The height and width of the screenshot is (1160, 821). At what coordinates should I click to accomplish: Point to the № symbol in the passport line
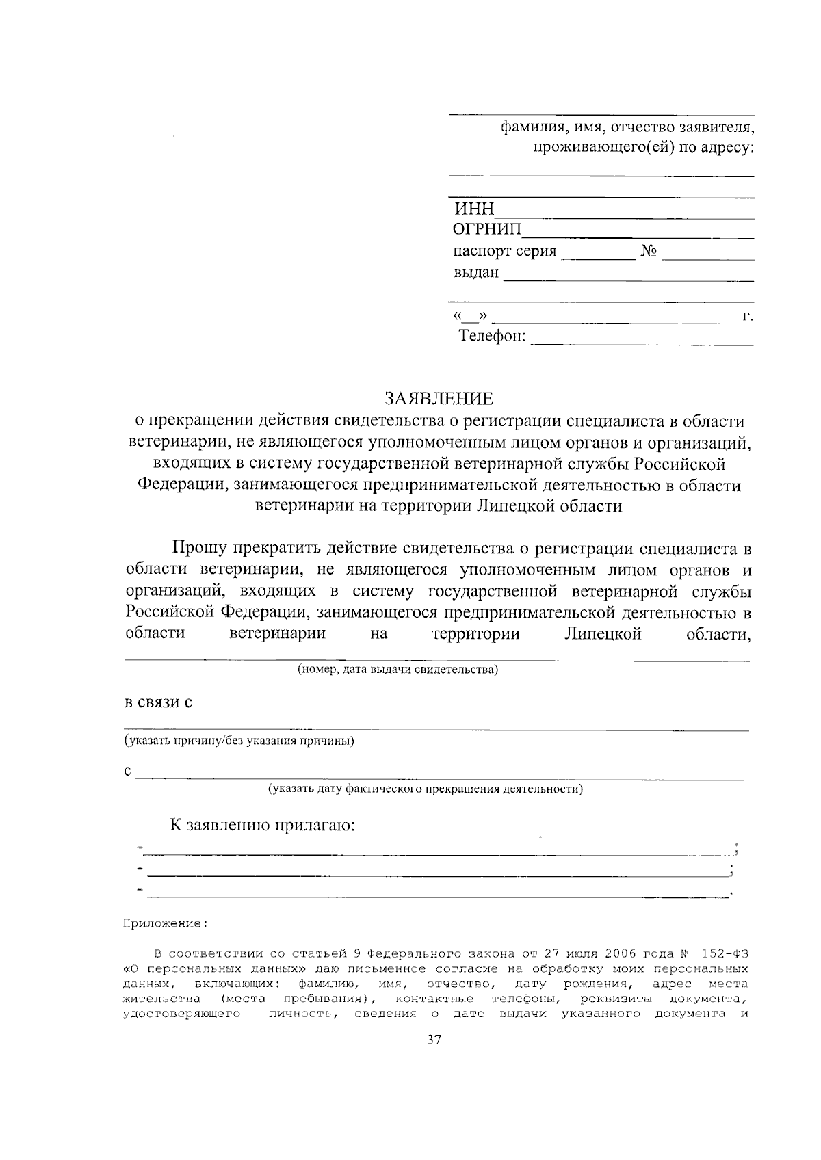coord(649,251)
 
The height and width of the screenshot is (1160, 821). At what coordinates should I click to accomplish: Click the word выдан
coord(475,273)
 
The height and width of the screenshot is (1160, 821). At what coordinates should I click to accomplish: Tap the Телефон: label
coord(492,337)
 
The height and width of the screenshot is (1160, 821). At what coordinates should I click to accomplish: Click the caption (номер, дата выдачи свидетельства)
coord(397,670)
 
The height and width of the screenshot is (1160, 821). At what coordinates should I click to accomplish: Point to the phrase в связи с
coord(157,702)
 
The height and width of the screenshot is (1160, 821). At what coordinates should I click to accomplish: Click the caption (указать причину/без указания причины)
coord(239,741)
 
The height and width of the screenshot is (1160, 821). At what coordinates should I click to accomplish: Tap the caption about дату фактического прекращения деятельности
coord(425,789)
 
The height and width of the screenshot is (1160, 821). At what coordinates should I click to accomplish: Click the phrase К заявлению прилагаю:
coord(263,825)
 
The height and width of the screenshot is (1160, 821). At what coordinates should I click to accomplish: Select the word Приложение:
coord(164,923)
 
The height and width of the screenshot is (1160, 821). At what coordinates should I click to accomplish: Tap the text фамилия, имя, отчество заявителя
coord(627,128)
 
